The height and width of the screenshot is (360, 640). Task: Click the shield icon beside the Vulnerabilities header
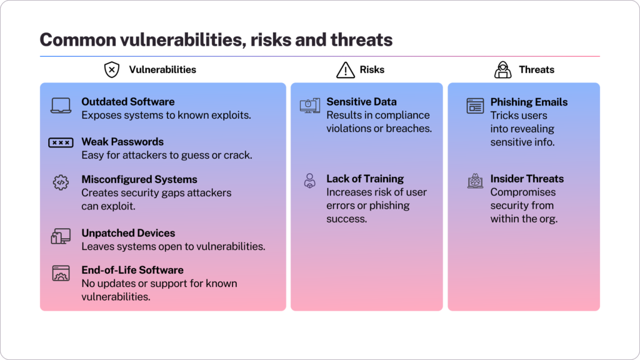pyautogui.click(x=111, y=70)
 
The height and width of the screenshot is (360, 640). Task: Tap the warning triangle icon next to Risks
pyautogui.click(x=345, y=70)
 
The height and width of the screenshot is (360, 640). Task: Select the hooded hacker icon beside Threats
pyautogui.click(x=502, y=70)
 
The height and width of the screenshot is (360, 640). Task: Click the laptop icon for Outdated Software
pyautogui.click(x=61, y=106)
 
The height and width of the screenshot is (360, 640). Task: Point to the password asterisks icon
pyautogui.click(x=61, y=143)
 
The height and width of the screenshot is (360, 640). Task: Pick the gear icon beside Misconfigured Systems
pyautogui.click(x=61, y=182)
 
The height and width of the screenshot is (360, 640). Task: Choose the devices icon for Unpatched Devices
pyautogui.click(x=61, y=236)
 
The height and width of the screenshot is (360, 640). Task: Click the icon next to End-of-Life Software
pyautogui.click(x=61, y=273)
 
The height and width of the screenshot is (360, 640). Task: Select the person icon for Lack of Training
pyautogui.click(x=309, y=181)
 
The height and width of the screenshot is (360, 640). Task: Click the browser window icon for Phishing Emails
pyautogui.click(x=475, y=106)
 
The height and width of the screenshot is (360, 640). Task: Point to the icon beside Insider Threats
pyautogui.click(x=475, y=182)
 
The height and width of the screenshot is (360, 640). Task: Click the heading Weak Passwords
pyautogui.click(x=122, y=142)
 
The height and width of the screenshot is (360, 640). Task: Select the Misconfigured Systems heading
pyautogui.click(x=139, y=179)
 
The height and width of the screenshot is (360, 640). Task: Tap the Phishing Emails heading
pyautogui.click(x=529, y=102)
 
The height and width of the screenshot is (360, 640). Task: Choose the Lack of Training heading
pyautogui.click(x=365, y=179)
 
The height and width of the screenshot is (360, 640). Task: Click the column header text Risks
pyautogui.click(x=372, y=70)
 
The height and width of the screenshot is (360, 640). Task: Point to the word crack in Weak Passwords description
pyautogui.click(x=237, y=155)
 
